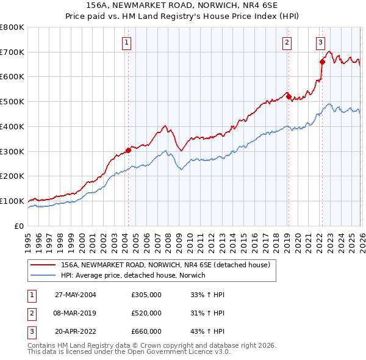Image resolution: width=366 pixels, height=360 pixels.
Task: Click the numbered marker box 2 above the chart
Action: pos(287,42)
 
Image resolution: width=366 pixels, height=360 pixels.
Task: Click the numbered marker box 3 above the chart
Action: pos(320,42)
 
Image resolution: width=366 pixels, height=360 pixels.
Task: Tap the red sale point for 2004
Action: pos(128,150)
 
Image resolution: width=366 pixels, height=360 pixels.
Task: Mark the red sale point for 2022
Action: pos(322,61)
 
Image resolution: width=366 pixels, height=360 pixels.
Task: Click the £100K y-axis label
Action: pos(12,201)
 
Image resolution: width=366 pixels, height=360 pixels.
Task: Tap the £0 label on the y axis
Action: pos(18,226)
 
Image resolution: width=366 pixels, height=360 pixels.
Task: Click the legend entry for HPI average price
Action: pos(133,276)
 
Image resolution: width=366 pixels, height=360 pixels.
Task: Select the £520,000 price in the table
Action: pos(146,313)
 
